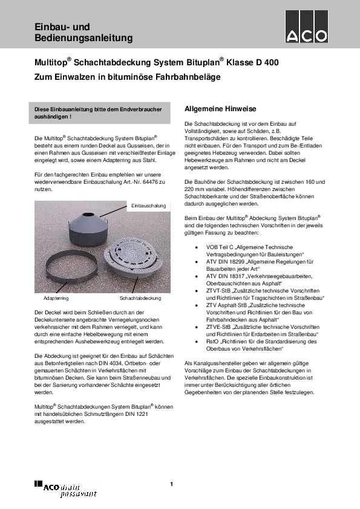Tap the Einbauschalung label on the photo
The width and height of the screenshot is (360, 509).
(148, 207)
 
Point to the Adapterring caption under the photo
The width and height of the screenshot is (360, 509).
(56, 299)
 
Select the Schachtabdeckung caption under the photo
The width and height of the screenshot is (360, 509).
(140, 299)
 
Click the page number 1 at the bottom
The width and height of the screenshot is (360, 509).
(171, 484)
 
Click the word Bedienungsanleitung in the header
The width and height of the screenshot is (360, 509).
(83, 39)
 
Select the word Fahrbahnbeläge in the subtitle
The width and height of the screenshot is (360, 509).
(190, 77)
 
